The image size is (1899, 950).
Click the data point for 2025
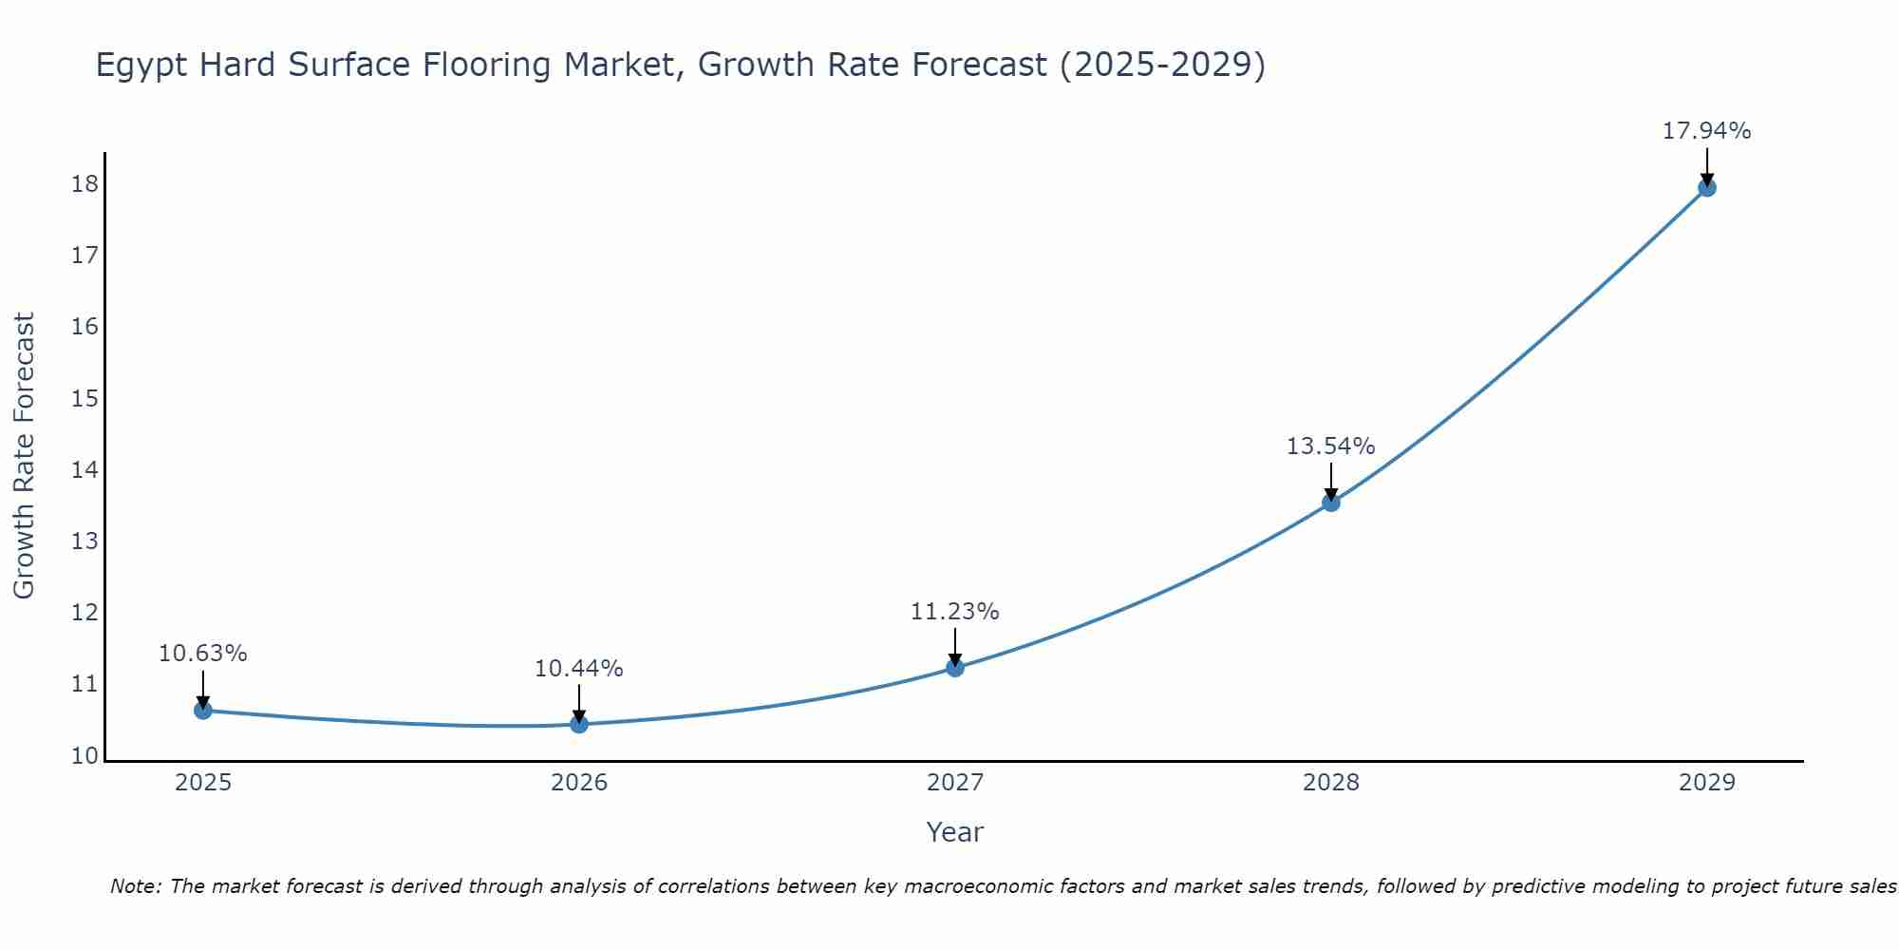click(202, 710)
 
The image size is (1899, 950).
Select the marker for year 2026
click(579, 724)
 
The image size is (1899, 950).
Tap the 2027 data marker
click(955, 668)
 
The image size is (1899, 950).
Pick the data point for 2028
click(1331, 503)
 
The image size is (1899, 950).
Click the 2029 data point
click(1706, 187)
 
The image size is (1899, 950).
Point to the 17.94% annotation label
click(1706, 131)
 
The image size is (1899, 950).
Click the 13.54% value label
click(1330, 446)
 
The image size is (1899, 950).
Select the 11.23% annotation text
click(954, 612)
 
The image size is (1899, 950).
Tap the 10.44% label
click(578, 669)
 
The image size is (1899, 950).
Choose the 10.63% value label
click(202, 654)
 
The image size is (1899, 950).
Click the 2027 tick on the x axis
click(955, 783)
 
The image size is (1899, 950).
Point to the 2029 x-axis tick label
click(1706, 783)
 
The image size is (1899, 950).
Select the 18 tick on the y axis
click(85, 184)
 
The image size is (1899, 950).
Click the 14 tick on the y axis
click(85, 470)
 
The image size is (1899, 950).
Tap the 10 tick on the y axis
click(85, 756)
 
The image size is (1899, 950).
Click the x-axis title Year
click(954, 832)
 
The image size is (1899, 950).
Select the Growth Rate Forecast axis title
click(24, 456)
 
